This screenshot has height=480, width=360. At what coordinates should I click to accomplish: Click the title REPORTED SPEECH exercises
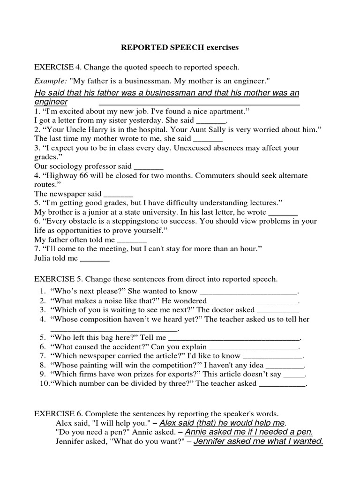180,47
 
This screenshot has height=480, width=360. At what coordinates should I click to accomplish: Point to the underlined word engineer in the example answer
51,102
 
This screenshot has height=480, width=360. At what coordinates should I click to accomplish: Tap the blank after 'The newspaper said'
118,194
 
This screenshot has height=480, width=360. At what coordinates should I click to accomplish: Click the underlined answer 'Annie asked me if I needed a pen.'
249,432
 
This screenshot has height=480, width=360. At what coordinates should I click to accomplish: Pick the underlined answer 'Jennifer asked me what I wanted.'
258,441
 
